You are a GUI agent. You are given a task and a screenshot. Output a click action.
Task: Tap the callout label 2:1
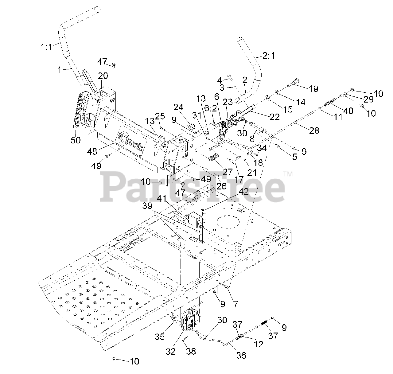click(x=269, y=56)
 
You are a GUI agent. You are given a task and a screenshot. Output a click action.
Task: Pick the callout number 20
click(x=103, y=76)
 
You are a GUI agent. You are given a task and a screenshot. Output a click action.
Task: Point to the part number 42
click(x=243, y=192)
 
